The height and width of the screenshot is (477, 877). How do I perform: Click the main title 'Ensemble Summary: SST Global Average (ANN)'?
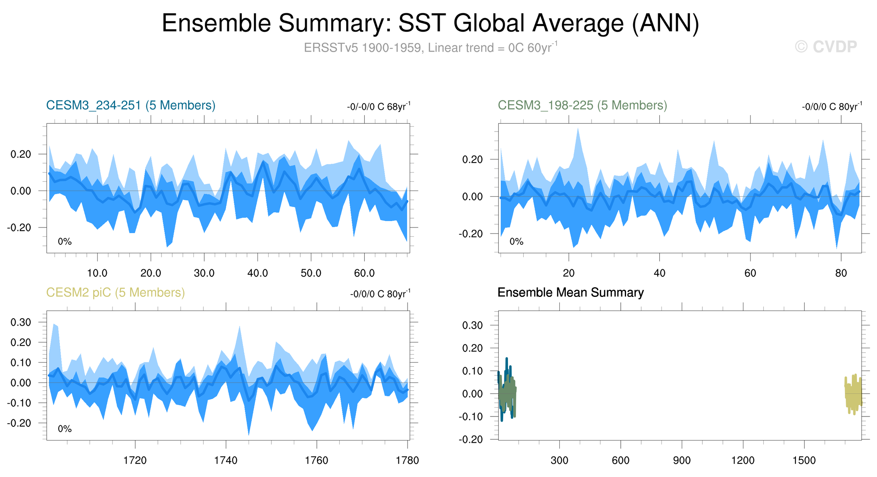pos(430,23)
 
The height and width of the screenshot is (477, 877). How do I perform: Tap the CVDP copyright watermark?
pos(826,47)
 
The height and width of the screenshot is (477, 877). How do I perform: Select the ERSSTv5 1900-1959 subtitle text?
pos(430,48)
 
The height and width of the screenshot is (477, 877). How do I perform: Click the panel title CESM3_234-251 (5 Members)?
pos(131,106)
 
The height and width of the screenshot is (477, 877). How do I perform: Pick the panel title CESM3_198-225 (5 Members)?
pos(582,106)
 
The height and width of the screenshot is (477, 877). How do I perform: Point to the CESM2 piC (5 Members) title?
pos(116,293)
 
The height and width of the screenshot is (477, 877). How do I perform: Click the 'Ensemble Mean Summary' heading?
pos(571,293)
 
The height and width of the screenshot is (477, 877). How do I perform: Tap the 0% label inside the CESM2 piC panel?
pos(65,429)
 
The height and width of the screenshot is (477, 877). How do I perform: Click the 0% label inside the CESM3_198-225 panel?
pos(516,242)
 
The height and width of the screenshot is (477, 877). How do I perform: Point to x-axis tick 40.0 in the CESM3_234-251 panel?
pos(257,274)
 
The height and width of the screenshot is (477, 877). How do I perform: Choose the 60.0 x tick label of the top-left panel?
pos(364,274)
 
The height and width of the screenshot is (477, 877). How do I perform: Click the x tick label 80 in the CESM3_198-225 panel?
pos(841,274)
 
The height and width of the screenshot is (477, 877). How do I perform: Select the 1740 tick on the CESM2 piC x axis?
pos(226,461)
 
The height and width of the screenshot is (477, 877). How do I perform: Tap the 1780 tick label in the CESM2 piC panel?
pos(408,461)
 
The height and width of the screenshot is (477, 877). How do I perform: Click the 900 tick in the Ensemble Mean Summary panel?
pos(682,461)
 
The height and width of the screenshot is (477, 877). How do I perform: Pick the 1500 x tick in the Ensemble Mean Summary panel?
pos(804,461)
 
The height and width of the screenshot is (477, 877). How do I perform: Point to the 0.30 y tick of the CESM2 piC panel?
pos(21,323)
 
